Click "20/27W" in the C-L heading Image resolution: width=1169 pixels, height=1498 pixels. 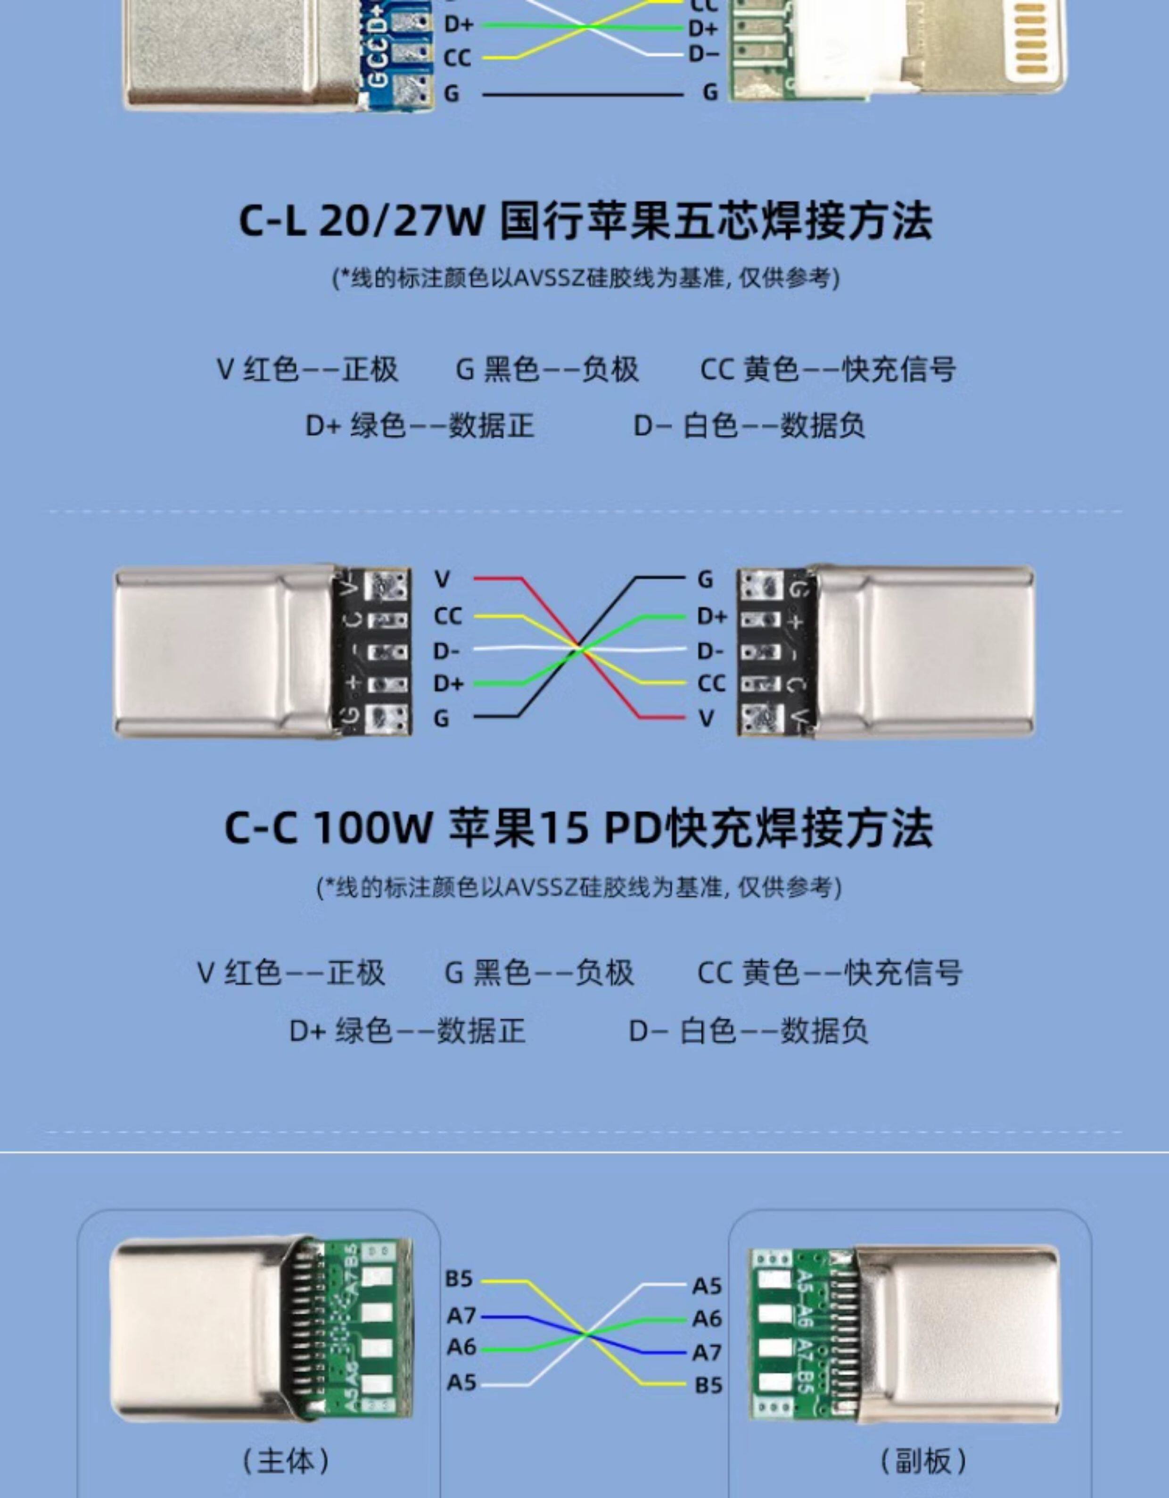pyautogui.click(x=402, y=221)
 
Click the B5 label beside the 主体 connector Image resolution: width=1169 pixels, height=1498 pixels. pyautogui.click(x=459, y=1279)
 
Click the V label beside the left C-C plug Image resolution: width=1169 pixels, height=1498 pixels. pyautogui.click(x=442, y=580)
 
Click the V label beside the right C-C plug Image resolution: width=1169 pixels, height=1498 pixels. pyautogui.click(x=706, y=718)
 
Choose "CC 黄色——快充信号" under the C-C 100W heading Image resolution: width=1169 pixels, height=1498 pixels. pyautogui.click(x=830, y=973)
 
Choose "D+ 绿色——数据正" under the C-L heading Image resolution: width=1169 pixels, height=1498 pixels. pyautogui.click(x=420, y=425)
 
